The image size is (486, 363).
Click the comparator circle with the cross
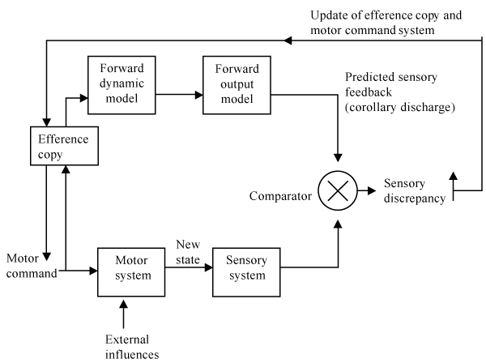click(x=336, y=192)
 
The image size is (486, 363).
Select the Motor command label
click(x=32, y=266)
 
